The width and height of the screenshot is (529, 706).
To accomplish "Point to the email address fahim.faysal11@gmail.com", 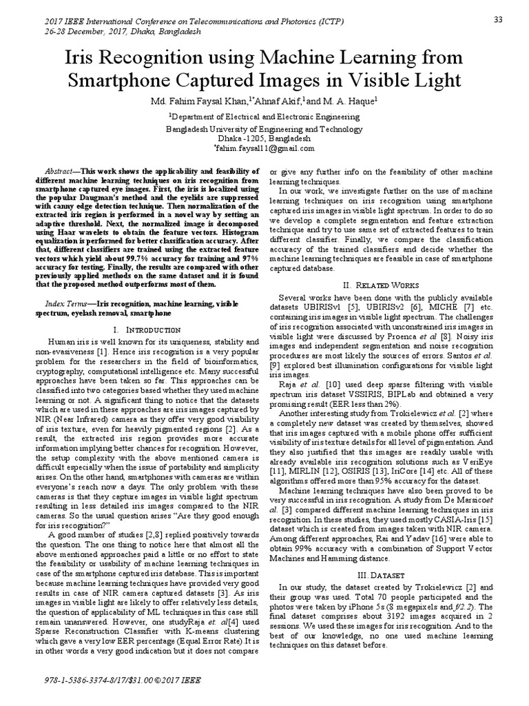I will [x=264, y=148].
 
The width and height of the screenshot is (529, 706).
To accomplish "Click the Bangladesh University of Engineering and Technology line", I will [x=264, y=128].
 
